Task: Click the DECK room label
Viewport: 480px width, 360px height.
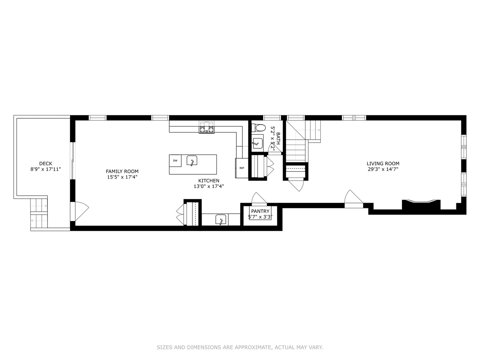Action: (x=46, y=163)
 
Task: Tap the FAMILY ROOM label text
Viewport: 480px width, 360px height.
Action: (x=122, y=171)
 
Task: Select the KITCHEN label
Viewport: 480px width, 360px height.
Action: (x=209, y=181)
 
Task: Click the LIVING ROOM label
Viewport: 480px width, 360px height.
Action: (x=383, y=163)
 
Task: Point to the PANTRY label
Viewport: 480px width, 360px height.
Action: (x=260, y=211)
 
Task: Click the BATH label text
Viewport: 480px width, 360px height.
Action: (x=278, y=138)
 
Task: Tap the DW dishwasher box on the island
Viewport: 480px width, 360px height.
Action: (x=175, y=161)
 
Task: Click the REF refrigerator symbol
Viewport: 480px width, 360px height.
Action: (x=242, y=168)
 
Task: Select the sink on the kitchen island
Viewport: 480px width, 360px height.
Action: (x=192, y=160)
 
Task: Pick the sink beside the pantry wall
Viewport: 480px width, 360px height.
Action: (x=221, y=220)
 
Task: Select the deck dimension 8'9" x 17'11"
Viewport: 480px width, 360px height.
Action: (x=46, y=169)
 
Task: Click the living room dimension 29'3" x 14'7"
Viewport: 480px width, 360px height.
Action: (x=383, y=169)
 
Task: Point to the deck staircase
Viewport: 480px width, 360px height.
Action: (x=39, y=213)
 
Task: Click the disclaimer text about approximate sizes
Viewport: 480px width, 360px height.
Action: (x=240, y=347)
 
